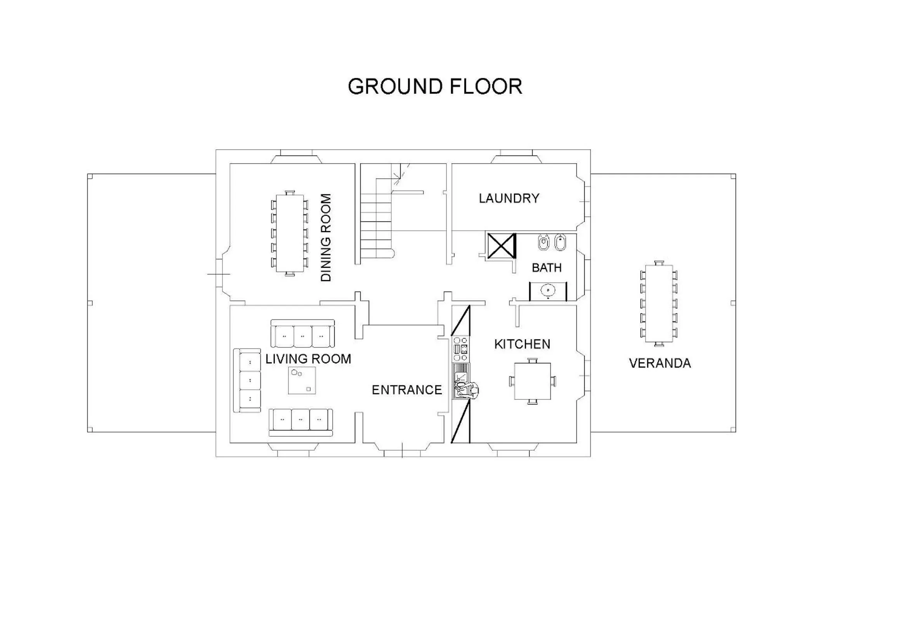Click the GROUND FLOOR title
point(435,86)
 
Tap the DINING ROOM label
point(326,237)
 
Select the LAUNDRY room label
point(509,198)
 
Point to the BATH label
point(547,268)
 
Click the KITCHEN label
point(522,344)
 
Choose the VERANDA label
point(660,363)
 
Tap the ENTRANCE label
point(406,390)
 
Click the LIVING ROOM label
point(308,359)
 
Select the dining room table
point(290,233)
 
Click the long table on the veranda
point(659,303)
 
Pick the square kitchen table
point(532,381)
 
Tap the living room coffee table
point(302,380)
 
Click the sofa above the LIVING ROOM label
point(302,334)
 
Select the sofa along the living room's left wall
point(247,380)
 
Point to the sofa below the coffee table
point(300,422)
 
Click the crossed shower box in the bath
point(502,245)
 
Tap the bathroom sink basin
point(548,291)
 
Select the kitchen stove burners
point(460,349)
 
